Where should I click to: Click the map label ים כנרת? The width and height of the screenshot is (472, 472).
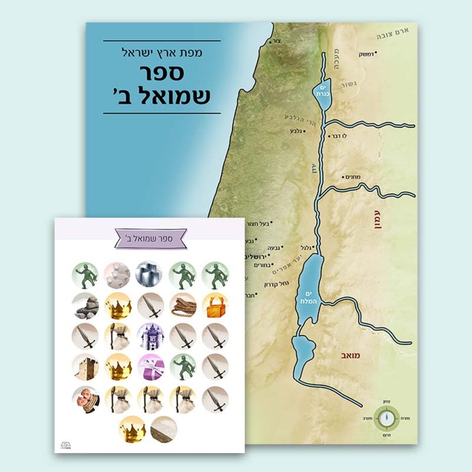point(322,90)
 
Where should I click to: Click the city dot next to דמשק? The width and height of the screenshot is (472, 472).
point(376,53)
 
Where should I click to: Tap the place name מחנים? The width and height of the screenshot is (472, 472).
point(351,177)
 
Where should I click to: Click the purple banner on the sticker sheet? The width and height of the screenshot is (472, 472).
point(151,238)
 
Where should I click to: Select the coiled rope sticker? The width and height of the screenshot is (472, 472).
point(183,305)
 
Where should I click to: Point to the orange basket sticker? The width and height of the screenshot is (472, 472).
point(215,305)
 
